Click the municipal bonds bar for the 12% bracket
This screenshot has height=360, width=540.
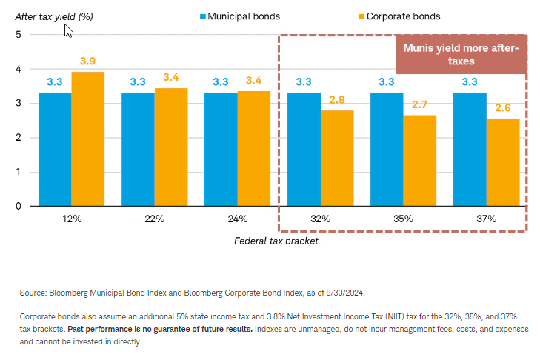pos(55,150)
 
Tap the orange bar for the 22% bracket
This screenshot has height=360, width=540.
pos(171,147)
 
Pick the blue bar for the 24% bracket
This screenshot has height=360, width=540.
pos(221,150)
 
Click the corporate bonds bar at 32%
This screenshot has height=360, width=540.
pos(337,158)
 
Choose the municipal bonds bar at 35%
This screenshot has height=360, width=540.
pos(387,150)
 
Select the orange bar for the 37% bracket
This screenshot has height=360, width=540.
pos(503,162)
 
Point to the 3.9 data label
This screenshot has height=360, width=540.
pos(88,60)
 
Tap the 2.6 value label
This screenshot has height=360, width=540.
pos(503,107)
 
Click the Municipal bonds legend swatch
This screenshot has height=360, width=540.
pos(202,14)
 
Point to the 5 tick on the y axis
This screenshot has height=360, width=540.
pos(19,35)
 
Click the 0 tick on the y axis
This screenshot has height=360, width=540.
pos(19,207)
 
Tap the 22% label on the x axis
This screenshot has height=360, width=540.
pos(154,219)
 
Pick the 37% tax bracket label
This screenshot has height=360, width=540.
pos(486,219)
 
